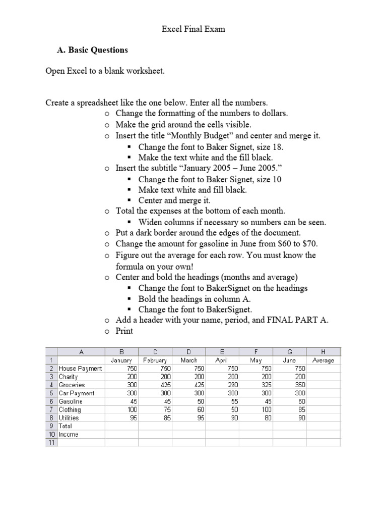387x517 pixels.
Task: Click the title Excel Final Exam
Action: (x=193, y=29)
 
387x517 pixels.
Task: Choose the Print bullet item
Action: (x=124, y=331)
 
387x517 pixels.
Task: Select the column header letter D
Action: (x=188, y=352)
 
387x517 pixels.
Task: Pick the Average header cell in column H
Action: (x=323, y=360)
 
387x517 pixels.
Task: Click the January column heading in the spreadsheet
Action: (x=121, y=360)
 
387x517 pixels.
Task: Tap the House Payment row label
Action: (x=80, y=369)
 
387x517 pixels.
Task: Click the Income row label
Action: (x=69, y=434)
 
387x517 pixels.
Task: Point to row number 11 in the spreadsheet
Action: (x=51, y=442)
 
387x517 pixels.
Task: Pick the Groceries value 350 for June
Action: (x=300, y=385)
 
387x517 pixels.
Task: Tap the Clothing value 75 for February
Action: (x=167, y=409)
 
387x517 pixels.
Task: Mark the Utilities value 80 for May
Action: (x=268, y=418)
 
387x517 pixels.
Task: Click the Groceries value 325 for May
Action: (x=266, y=385)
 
